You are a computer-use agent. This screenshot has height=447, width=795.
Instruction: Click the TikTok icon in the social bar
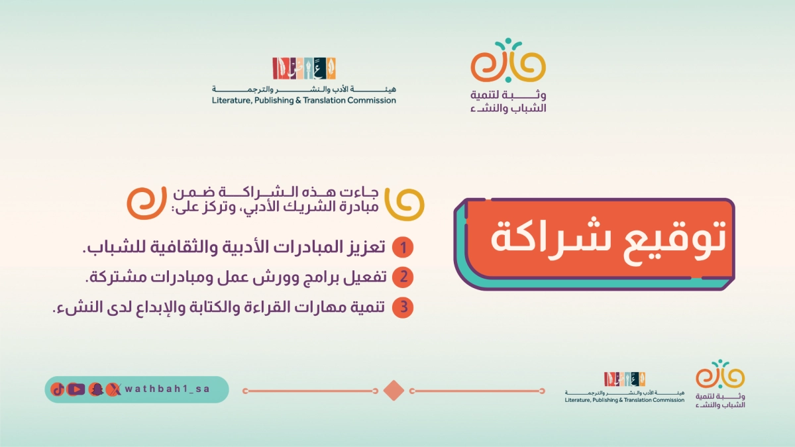pos(58,389)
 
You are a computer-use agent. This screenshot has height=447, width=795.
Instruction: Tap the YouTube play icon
pos(76,389)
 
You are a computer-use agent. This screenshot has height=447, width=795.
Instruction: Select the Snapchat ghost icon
pos(96,389)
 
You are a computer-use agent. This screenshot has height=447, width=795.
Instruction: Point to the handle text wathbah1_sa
pos(167,389)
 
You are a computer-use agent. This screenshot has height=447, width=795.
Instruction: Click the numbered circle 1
pos(403,248)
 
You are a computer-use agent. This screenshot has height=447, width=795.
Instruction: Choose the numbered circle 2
pos(403,278)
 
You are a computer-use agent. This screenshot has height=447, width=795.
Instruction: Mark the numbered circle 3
pos(403,308)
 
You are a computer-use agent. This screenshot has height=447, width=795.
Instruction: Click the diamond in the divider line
pos(394,391)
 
